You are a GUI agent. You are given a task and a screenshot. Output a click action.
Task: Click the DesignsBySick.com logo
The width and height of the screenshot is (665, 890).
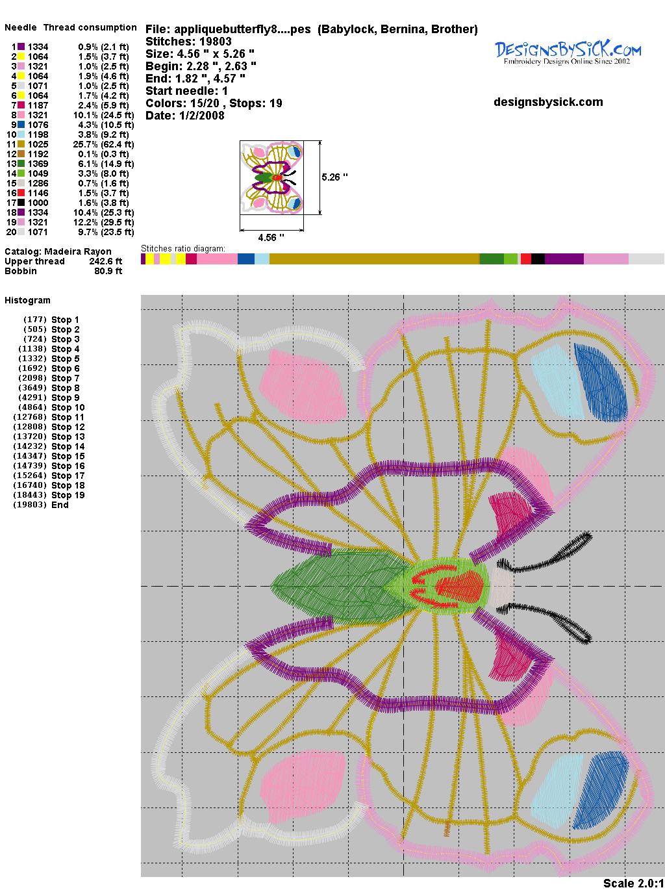coord(568,53)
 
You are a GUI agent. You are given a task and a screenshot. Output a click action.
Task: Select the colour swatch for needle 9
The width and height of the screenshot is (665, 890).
coord(21,125)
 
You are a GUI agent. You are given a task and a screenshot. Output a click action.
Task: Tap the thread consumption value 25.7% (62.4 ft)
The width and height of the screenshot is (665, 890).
coord(103,144)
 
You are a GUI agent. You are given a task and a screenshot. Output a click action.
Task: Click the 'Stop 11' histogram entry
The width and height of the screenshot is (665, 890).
coord(68,417)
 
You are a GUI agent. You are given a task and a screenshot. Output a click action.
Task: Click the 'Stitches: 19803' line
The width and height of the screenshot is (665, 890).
coord(188,42)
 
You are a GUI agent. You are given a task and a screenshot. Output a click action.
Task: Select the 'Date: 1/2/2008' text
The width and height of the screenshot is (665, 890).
coord(185,116)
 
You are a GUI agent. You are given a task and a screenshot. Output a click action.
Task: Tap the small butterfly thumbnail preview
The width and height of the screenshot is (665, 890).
coord(271,177)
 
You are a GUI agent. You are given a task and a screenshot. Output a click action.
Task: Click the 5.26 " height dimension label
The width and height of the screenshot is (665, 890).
coord(334,177)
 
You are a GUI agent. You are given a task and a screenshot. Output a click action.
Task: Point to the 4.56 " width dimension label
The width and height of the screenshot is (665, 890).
coord(271,237)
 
